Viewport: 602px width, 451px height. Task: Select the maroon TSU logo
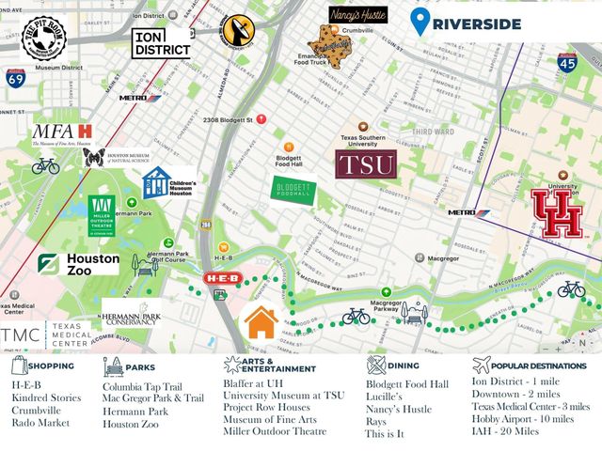(x=365, y=166)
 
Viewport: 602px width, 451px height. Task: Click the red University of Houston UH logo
(x=557, y=212)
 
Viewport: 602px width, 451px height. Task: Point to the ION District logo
(x=162, y=40)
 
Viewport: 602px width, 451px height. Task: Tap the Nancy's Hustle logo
(x=357, y=16)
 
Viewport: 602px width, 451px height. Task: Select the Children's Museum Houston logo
(x=169, y=182)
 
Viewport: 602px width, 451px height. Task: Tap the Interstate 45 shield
(x=567, y=63)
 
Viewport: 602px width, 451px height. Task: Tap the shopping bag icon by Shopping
(x=19, y=365)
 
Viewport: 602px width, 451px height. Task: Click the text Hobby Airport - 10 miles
(x=523, y=420)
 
